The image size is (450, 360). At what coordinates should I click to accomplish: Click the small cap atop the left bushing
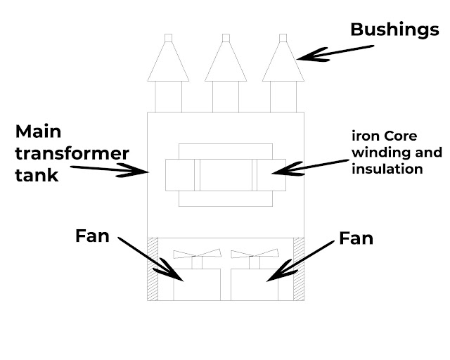coord(168,37)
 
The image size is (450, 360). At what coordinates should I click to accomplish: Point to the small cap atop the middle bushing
coord(225,37)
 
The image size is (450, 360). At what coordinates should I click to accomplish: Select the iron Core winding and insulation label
coord(397,150)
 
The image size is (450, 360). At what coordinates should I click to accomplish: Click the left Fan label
coord(92,236)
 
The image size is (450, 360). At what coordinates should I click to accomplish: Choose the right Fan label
coord(356,238)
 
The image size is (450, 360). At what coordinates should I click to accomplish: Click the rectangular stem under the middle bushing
coord(225,96)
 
